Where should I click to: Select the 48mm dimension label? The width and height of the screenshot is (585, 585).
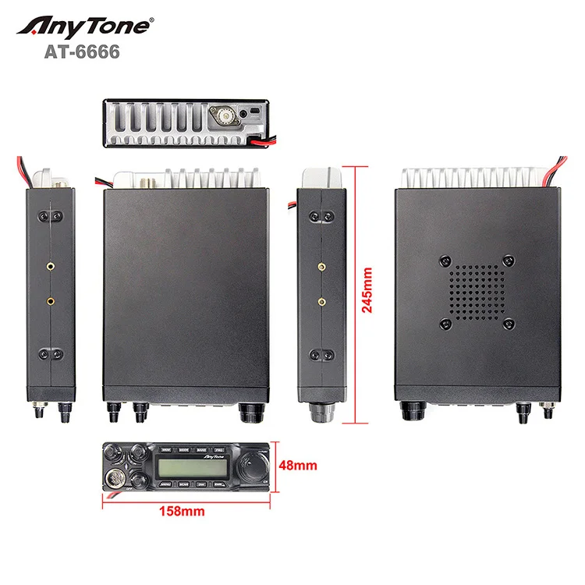click(300, 466)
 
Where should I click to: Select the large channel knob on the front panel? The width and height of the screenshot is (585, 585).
click(251, 466)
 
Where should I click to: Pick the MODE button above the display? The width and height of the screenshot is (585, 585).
click(184, 449)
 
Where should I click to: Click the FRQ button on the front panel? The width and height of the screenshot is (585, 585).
click(221, 449)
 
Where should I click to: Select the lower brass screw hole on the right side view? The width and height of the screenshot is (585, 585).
click(321, 300)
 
